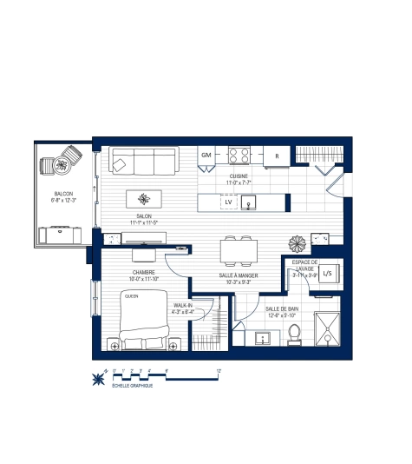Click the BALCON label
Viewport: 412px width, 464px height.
click(63, 194)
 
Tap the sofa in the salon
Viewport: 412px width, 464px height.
click(143, 161)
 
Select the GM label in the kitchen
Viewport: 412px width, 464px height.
click(206, 155)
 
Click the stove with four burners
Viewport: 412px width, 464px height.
click(239, 156)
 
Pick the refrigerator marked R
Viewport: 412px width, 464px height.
click(277, 156)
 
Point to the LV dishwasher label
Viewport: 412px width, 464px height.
click(228, 202)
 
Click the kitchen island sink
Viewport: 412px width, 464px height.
click(251, 202)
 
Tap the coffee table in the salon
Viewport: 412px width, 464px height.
click(144, 197)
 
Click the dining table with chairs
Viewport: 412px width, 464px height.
click(239, 252)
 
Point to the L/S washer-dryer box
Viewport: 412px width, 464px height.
click(329, 274)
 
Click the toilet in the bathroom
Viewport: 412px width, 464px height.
click(293, 332)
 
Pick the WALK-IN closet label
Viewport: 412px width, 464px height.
click(182, 306)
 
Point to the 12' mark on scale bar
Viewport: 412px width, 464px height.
click(220, 371)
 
